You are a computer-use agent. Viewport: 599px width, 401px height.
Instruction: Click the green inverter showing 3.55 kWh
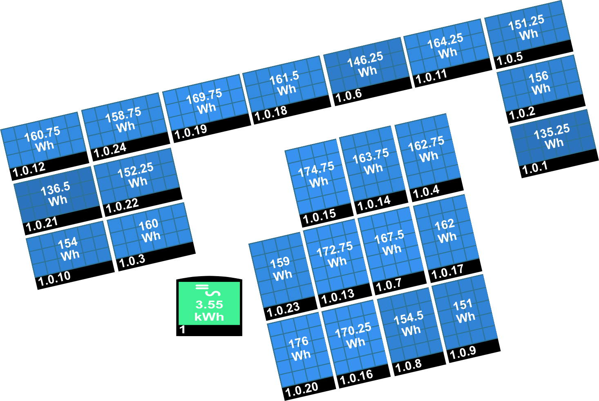(209, 306)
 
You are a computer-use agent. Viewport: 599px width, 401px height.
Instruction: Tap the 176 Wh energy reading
(300, 348)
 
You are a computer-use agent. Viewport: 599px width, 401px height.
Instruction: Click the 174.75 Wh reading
(317, 175)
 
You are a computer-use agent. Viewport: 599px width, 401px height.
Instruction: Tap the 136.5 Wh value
(56, 194)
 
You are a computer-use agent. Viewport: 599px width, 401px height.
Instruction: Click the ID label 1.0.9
(463, 353)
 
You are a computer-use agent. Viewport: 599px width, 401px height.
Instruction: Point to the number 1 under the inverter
(183, 330)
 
